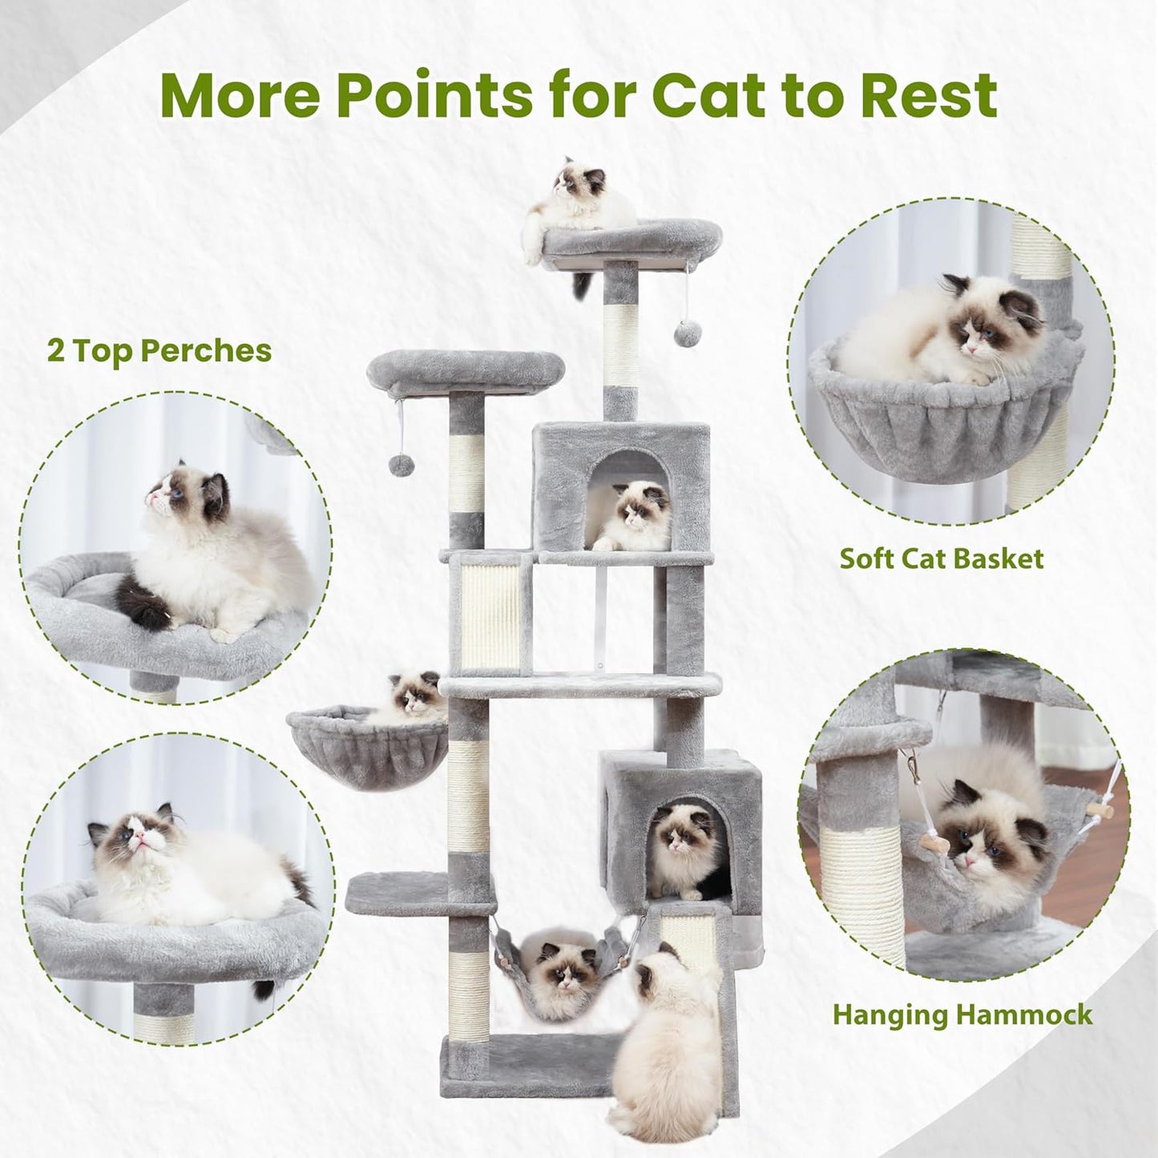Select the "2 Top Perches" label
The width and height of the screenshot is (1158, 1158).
[159, 351]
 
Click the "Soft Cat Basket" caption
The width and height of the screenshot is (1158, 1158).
[942, 558]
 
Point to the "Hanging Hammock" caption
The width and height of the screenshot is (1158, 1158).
[962, 1014]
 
